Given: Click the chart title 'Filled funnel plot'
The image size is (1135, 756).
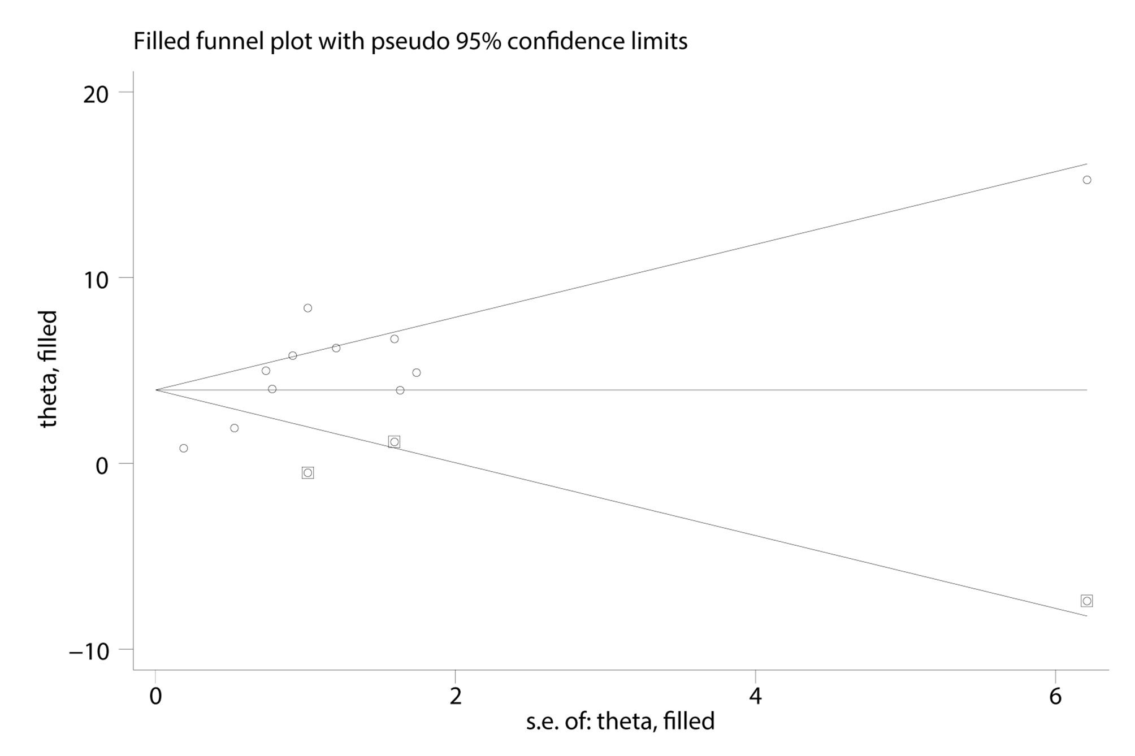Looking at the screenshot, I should click(x=410, y=41).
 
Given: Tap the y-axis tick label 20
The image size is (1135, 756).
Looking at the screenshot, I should click(x=96, y=94).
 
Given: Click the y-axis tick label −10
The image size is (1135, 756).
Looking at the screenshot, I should click(x=89, y=651).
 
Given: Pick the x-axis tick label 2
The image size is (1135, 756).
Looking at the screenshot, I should click(x=456, y=697).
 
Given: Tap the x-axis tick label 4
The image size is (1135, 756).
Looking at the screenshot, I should click(x=756, y=697).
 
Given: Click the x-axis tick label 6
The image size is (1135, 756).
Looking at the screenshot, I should click(x=1055, y=697).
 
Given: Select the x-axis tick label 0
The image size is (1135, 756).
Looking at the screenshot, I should click(x=155, y=697).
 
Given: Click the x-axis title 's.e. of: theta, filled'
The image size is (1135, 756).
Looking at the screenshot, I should click(x=620, y=722).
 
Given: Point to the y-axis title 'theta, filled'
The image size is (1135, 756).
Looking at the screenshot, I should click(x=49, y=368).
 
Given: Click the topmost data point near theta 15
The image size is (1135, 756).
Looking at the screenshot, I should click(x=1086, y=180).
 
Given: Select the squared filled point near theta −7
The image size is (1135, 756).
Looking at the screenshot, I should click(x=1086, y=601).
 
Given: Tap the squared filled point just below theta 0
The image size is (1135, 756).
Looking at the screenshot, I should click(x=307, y=472).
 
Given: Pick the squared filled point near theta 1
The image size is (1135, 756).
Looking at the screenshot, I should click(x=394, y=441).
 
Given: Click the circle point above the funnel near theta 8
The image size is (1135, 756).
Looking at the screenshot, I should click(x=307, y=308).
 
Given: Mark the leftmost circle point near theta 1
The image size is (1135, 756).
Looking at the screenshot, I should click(x=183, y=448).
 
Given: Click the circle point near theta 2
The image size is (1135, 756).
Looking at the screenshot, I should click(x=234, y=428).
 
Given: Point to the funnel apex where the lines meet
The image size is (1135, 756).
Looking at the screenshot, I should click(x=157, y=390).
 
